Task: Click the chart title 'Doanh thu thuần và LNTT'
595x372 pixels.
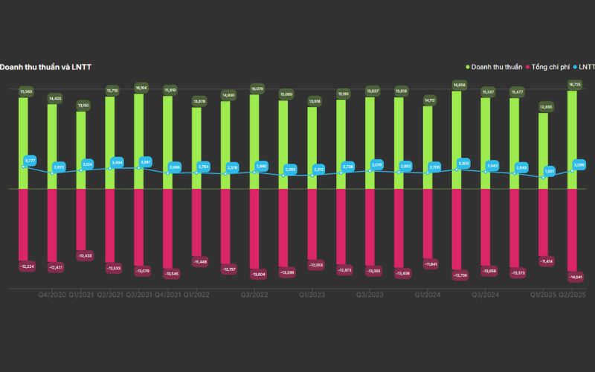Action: (45, 67)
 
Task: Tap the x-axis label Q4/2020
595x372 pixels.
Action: (52, 295)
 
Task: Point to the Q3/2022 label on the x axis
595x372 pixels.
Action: (254, 295)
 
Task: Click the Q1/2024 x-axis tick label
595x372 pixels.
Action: (428, 295)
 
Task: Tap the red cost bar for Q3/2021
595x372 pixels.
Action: (139, 223)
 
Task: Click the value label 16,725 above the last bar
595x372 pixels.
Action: (574, 85)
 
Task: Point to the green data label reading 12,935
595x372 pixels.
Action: (544, 107)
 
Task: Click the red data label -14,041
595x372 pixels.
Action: (574, 277)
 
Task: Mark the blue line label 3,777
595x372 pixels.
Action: (30, 161)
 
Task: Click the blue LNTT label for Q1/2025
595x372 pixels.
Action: (549, 171)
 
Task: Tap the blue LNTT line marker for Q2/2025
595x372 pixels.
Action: (573, 170)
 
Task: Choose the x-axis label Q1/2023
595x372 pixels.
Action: (312, 295)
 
